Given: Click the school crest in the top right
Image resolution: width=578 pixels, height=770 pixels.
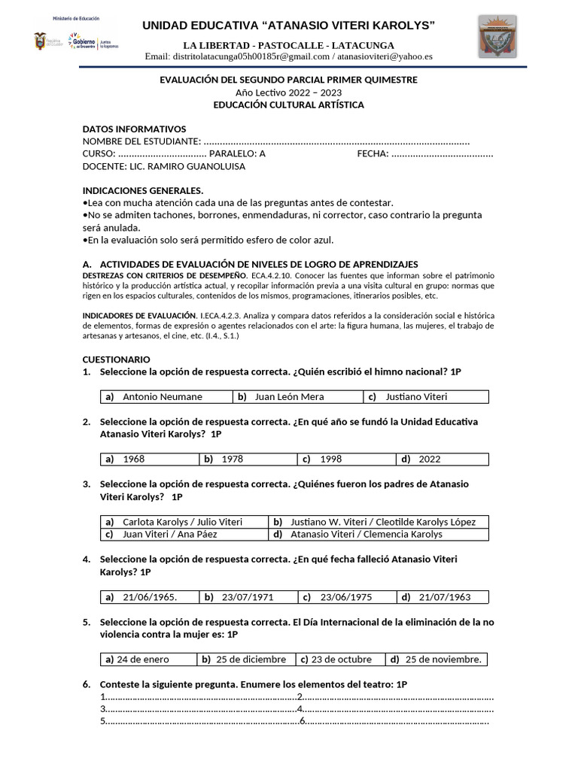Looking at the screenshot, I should coord(497,36).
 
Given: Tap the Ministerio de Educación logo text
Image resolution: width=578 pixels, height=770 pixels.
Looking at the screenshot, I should coord(75,17).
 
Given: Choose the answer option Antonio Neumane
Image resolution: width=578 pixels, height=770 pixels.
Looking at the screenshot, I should coord(162,397).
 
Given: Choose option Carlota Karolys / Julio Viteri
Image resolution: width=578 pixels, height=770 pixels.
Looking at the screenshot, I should coord(182,521).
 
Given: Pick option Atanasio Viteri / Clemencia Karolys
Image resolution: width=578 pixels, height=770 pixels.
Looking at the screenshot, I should coord(366,534).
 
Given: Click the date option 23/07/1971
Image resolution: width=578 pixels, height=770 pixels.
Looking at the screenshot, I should coord(247,597).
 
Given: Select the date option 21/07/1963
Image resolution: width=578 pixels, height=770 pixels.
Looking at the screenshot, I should coord(444,597).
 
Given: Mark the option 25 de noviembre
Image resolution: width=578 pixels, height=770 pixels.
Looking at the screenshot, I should coord(443,659).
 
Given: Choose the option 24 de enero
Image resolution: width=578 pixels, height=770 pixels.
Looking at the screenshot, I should coord(142,659).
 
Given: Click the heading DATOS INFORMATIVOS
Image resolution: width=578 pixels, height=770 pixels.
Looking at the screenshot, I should coord(134,129).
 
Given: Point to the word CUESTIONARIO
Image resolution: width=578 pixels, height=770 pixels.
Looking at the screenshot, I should coord(116,359).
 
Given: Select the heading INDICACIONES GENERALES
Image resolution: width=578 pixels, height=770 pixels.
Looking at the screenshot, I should coord(142,190).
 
